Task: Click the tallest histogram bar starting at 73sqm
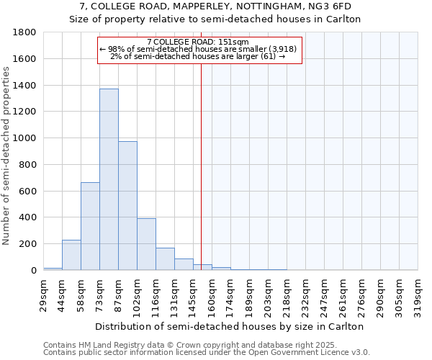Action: point(109,180)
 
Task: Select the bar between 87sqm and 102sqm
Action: point(127,206)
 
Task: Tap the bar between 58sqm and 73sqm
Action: point(90,226)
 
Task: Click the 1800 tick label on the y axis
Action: point(25,33)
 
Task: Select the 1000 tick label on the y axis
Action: point(25,138)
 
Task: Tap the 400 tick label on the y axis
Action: point(28,217)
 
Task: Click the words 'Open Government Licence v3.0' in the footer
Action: point(311,353)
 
